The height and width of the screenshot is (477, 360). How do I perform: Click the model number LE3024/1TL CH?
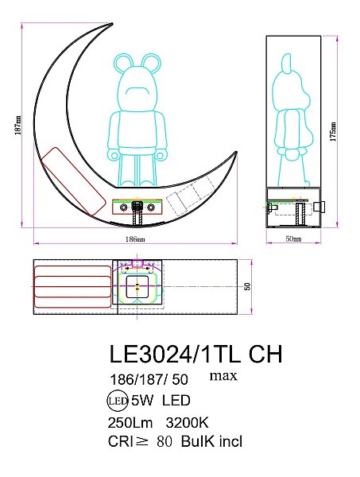coord(194,352)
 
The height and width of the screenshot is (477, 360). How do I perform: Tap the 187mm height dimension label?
coord(18,127)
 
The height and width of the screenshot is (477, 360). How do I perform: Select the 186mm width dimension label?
coord(136,238)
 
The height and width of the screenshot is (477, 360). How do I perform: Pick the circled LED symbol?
coord(118,400)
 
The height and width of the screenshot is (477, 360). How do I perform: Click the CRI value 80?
coord(166,442)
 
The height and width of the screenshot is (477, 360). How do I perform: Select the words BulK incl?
coord(211,442)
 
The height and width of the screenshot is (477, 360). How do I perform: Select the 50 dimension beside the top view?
coord(248,287)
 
